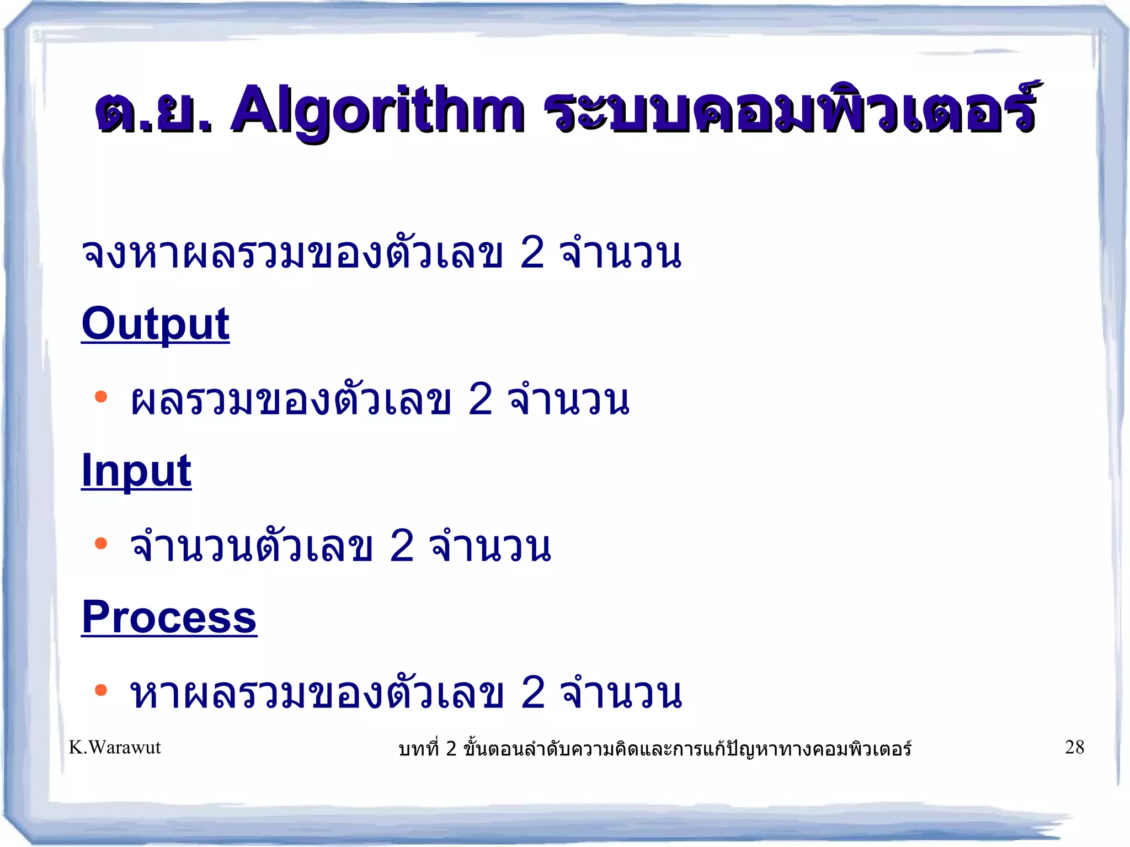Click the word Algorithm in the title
[377, 110]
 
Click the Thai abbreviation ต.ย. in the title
[153, 110]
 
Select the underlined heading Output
[155, 324]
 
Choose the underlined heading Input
[136, 470]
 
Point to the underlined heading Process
[169, 617]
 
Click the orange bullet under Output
[100, 397]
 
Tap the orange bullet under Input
[100, 544]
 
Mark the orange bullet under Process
[100, 690]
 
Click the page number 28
[1074, 747]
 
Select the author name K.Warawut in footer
[115, 747]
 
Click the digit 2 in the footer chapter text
[451, 749]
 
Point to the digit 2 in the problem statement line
[532, 253]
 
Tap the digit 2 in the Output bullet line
[480, 400]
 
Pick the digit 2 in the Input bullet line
[402, 546]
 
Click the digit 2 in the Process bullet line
[532, 693]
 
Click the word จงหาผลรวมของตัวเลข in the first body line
[291, 253]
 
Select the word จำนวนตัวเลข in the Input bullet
[251, 546]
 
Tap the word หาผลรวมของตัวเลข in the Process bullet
[316, 693]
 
